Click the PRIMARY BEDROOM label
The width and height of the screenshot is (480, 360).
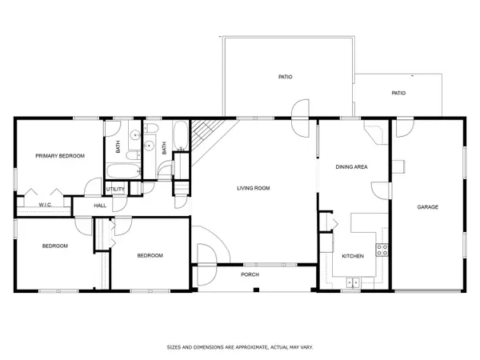pos(60,156)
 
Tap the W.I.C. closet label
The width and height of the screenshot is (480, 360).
pos(45,206)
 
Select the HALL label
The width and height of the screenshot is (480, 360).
pos(100,206)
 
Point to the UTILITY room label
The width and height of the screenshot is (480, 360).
pos(116,189)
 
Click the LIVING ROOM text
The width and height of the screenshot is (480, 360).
pos(253,189)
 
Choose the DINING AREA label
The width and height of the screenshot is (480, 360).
pos(350,166)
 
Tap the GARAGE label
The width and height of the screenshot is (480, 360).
pos(427,207)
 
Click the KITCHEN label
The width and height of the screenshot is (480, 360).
pos(353,256)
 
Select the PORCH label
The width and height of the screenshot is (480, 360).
pos(250,274)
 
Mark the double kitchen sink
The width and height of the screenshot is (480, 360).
pos(353,282)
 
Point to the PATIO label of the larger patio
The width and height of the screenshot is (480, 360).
pos(285,77)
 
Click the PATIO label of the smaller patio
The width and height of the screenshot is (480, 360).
pos(398,93)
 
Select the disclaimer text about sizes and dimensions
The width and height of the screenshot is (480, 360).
pos(239,347)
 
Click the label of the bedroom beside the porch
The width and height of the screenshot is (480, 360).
pos(150,256)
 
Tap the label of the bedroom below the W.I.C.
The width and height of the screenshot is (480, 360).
pos(55,246)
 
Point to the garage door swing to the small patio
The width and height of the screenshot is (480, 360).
pos(404,126)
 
